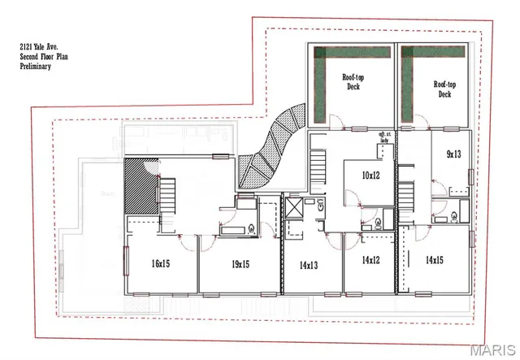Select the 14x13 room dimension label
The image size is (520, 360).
point(308,264)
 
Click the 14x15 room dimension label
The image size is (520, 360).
point(435,261)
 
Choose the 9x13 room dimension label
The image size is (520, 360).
point(453,154)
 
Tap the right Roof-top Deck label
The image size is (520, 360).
point(443,89)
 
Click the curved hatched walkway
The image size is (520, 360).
point(271,146)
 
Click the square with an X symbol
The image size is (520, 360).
point(294,206)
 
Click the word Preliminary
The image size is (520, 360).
point(36,67)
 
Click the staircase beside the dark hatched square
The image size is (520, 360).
point(167,196)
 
